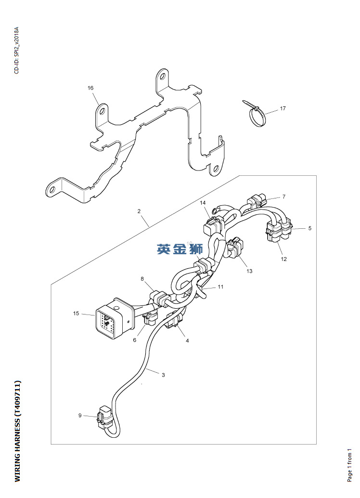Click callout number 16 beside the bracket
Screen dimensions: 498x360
point(90,88)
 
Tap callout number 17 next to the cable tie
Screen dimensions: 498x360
point(283,108)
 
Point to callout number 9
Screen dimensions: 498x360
point(80,415)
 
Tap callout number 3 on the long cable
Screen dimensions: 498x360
point(163,375)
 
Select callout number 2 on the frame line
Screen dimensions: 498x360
point(139,211)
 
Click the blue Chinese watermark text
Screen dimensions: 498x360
point(180,249)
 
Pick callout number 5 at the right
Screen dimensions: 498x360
point(310,228)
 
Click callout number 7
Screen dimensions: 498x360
point(284,197)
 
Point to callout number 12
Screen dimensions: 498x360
point(284,259)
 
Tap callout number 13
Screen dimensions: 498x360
point(249,271)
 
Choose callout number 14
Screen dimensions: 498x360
point(203,202)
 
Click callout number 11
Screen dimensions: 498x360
point(220,287)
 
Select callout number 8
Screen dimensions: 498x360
point(142,279)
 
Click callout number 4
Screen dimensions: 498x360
point(187,341)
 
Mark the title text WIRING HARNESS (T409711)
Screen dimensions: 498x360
point(17,431)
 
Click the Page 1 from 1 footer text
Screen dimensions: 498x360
point(350,465)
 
